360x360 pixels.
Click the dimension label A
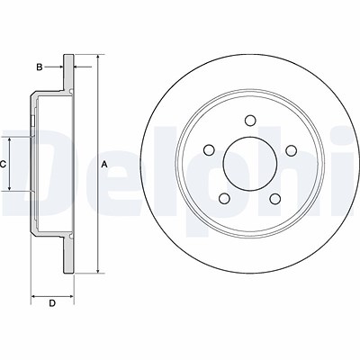[104, 164]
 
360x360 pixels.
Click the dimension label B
[40, 67]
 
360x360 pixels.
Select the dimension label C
[3, 164]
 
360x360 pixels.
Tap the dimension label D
[52, 303]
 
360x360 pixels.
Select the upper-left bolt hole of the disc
[209, 150]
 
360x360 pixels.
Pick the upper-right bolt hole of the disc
[291, 150]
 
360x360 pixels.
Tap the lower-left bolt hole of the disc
[224, 198]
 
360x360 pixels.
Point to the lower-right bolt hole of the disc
[275, 198]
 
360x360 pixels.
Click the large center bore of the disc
[250, 164]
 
